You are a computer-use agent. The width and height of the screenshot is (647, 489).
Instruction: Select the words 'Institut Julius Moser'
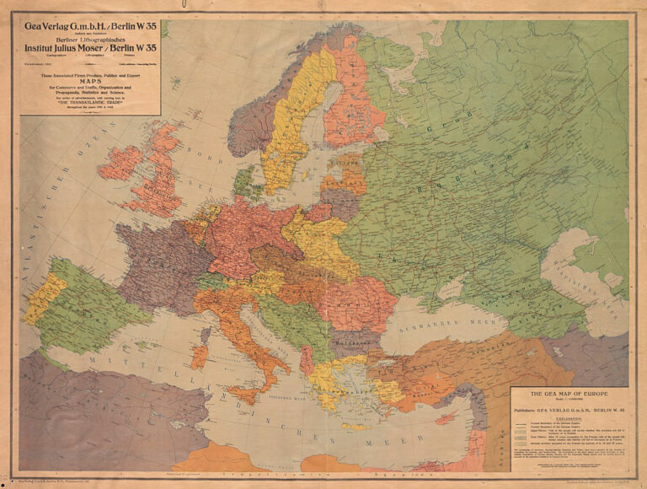71,49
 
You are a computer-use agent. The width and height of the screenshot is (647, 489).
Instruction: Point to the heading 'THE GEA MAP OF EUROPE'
569,395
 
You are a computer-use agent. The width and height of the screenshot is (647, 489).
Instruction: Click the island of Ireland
121,163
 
